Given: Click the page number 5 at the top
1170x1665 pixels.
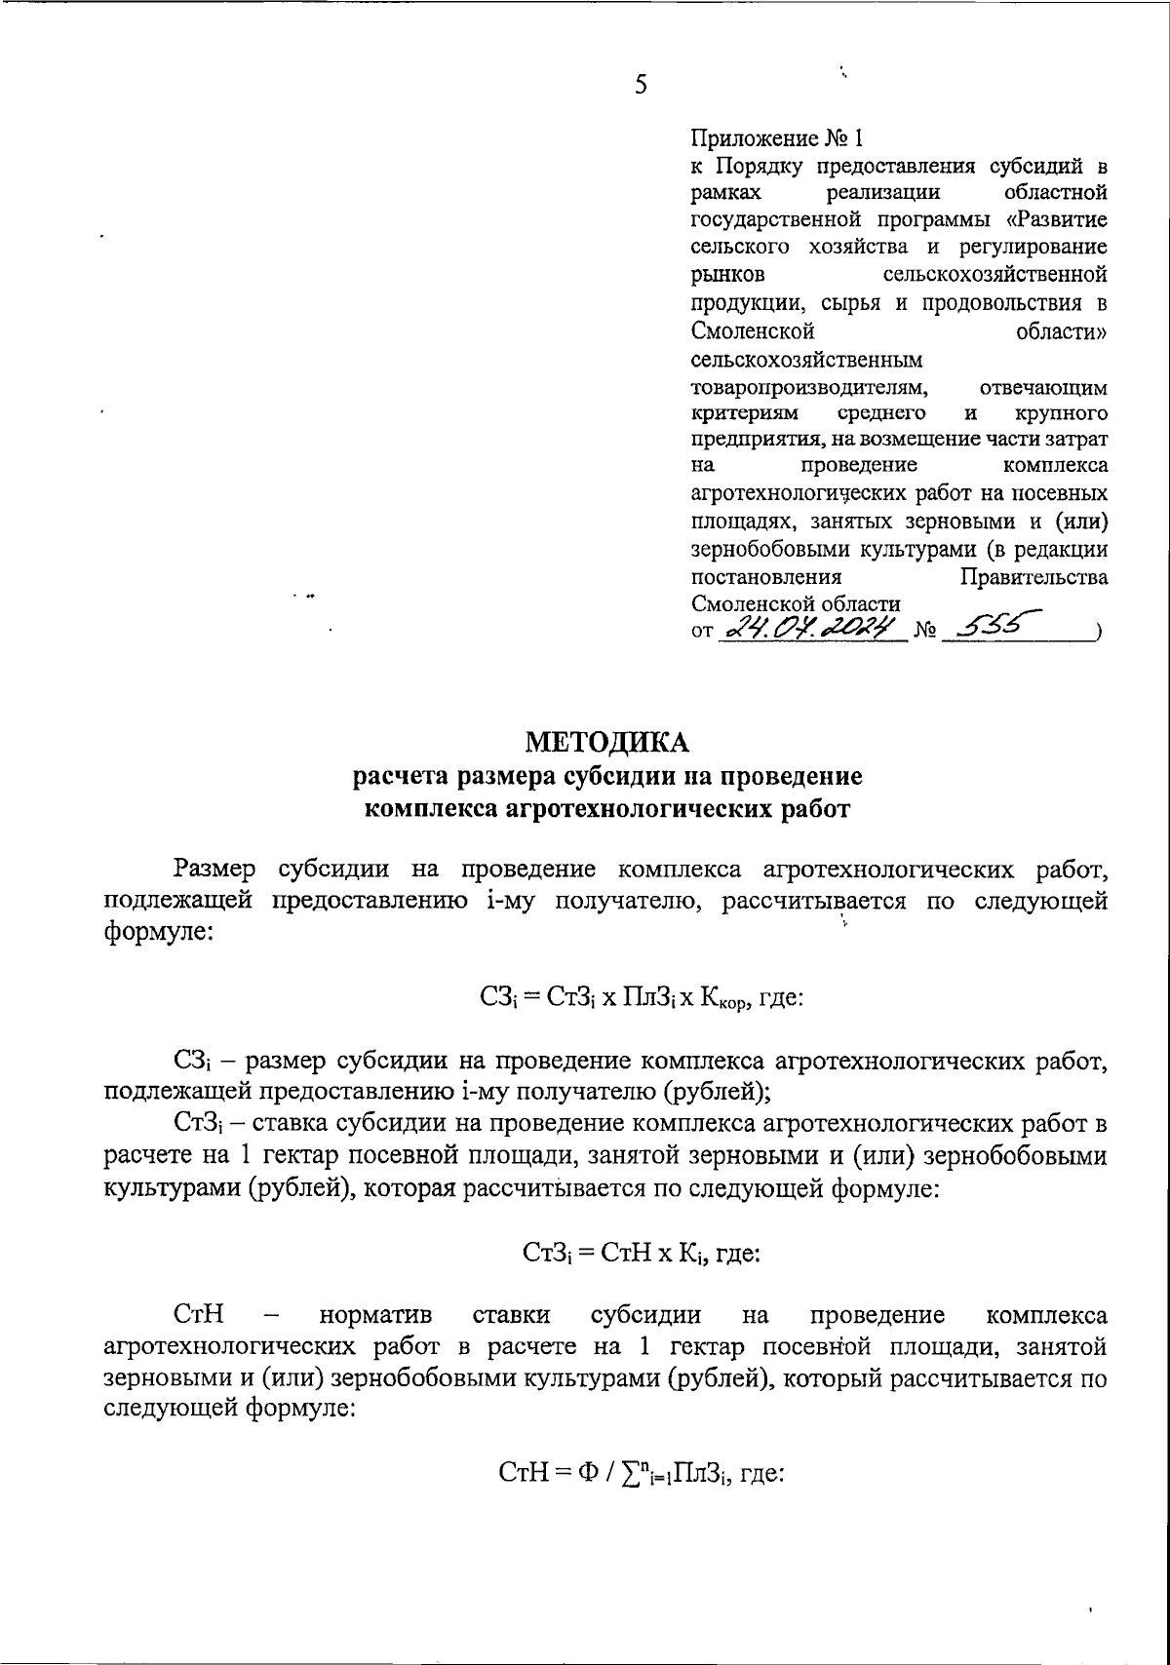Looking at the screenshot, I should click(641, 86).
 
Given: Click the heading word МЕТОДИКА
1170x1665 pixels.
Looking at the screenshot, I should click(606, 743).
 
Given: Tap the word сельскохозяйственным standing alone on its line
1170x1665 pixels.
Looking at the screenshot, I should click(806, 361).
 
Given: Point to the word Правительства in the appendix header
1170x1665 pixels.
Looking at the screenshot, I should click(1033, 577).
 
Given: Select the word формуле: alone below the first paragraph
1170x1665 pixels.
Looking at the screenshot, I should click(157, 931).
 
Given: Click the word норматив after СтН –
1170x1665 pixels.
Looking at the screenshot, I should click(376, 1315).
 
